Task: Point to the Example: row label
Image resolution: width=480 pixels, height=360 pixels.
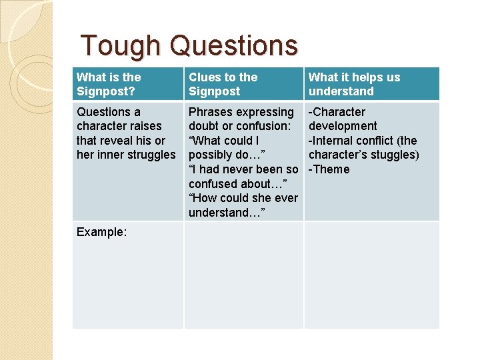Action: [101, 232]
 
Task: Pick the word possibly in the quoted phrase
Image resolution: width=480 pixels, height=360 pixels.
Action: [213, 155]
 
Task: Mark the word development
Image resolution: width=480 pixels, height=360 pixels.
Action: [343, 126]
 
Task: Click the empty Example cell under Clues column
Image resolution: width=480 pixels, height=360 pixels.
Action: [243, 275]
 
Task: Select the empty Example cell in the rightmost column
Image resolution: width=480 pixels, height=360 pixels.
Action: [371, 275]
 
